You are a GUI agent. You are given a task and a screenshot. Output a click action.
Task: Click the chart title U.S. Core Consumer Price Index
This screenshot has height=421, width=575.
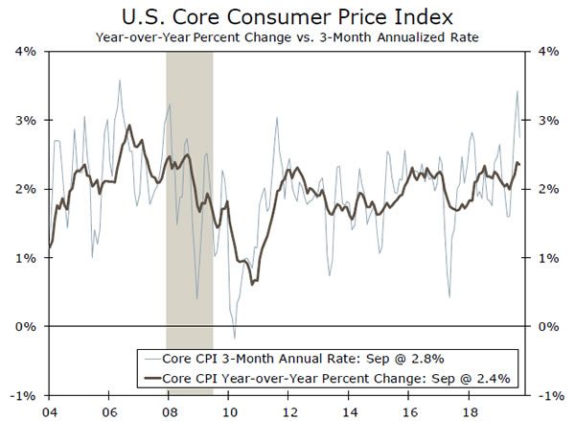pyautogui.click(x=287, y=16)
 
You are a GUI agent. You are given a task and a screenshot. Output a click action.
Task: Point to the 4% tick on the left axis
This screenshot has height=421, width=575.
pyautogui.click(x=24, y=52)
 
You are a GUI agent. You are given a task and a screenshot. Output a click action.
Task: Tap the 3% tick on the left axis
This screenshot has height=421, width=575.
pyautogui.click(x=24, y=121)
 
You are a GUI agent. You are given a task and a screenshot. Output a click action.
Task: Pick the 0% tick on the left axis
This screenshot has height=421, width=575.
pyautogui.click(x=24, y=327)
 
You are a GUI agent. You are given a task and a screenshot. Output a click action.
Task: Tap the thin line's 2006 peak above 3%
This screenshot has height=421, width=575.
pyautogui.click(x=119, y=81)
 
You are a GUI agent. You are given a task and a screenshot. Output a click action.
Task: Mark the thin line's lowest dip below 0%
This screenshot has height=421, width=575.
pyautogui.click(x=234, y=337)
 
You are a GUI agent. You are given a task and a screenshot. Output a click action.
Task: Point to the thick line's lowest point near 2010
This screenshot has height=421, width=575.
pyautogui.click(x=251, y=284)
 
